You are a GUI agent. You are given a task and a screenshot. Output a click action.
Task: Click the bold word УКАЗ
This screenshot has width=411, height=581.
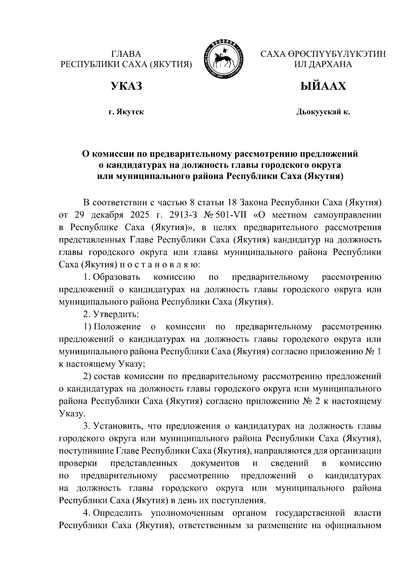click(x=126, y=86)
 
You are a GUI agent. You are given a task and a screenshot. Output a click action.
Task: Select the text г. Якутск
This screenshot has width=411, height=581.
click(x=126, y=112)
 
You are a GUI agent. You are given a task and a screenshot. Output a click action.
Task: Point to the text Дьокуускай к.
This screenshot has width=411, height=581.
click(x=323, y=112)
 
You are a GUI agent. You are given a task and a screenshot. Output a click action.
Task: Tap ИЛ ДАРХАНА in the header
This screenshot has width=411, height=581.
click(x=323, y=64)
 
